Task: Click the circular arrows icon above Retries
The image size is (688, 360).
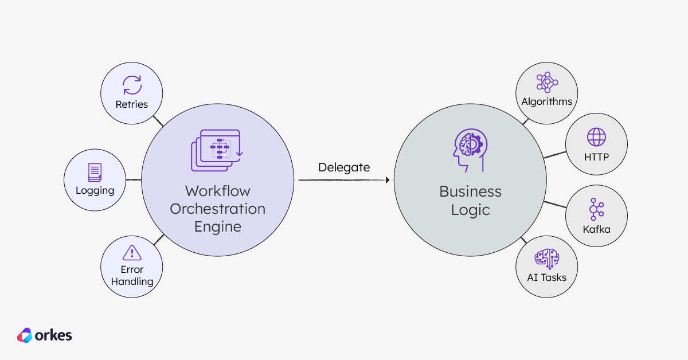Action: pos(132,85)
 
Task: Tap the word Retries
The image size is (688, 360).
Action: pos(132,104)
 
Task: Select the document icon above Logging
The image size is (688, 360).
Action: pos(95,173)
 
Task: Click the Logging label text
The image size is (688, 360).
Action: pos(95,190)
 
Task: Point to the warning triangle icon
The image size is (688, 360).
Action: pos(132,252)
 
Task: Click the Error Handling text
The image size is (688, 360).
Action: pos(132,276)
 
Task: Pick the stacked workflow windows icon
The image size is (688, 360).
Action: pos(217,150)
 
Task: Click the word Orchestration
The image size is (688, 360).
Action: pos(217,209)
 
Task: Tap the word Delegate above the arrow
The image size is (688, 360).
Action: pos(344,167)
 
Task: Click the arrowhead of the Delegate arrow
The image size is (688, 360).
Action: pos(387,180)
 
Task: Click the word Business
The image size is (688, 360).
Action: pos(470,191)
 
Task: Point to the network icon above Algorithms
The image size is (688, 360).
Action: pos(547,83)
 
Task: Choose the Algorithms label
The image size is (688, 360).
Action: pos(547,101)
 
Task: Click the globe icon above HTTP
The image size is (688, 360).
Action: pos(596,138)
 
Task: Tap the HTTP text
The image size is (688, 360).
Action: pos(596,156)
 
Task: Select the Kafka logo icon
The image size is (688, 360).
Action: pos(596,210)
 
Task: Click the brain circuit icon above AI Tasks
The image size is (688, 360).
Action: pos(547,259)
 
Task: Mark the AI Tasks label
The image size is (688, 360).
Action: pos(547,277)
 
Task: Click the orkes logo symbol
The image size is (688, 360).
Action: pos(25,335)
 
